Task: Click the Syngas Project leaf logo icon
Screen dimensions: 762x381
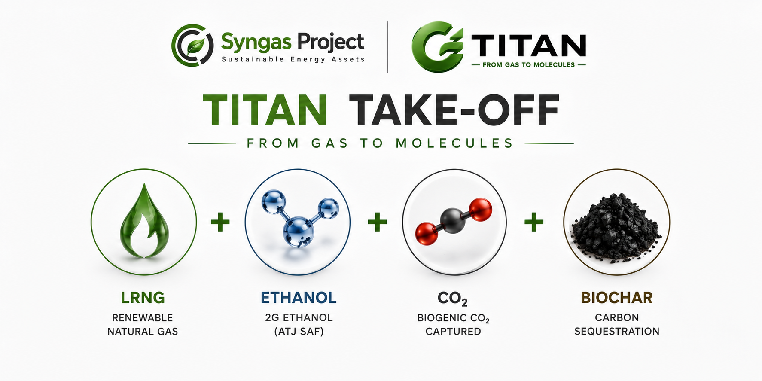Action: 192,45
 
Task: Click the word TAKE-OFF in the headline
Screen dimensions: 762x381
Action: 454,110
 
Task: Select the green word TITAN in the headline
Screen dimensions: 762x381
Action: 265,110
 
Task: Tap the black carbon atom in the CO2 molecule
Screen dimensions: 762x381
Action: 453,221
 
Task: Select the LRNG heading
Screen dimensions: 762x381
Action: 143,298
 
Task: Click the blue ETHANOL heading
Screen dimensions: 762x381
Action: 299,298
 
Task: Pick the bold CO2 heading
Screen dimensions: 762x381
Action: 453,299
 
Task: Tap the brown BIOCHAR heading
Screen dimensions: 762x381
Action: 617,298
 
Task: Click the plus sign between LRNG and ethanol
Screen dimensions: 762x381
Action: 220,222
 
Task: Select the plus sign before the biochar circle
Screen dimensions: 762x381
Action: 534,222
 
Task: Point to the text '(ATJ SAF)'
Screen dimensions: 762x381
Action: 299,332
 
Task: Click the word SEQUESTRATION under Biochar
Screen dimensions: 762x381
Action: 617,332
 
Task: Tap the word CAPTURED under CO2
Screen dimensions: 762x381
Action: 453,332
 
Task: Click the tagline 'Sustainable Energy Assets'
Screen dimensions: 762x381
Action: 293,59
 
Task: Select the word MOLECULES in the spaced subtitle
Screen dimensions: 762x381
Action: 454,143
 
